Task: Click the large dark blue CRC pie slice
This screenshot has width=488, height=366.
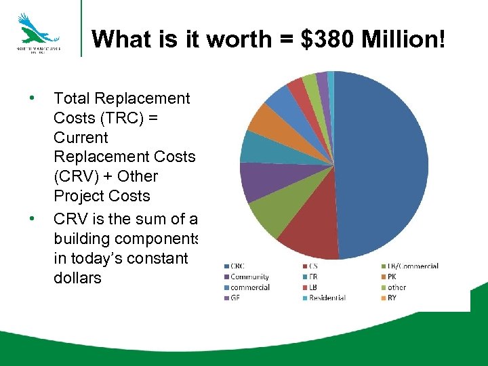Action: [x=383, y=163]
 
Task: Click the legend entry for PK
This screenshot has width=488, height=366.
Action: [x=392, y=277]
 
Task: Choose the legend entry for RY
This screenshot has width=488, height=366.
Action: [x=392, y=298]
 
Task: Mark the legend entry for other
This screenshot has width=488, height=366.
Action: [x=396, y=287]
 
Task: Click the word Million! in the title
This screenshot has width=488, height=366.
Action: [x=403, y=39]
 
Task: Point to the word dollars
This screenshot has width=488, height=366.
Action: [x=77, y=277]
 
